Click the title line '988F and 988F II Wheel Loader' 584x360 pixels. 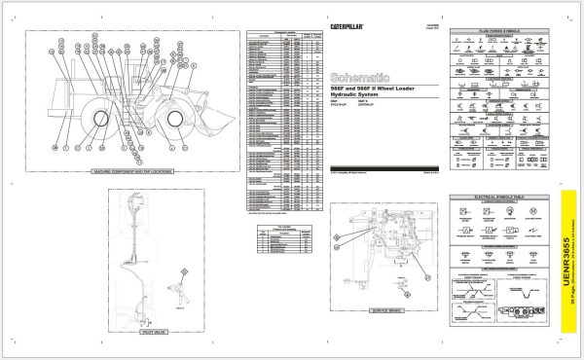click(375, 87)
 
